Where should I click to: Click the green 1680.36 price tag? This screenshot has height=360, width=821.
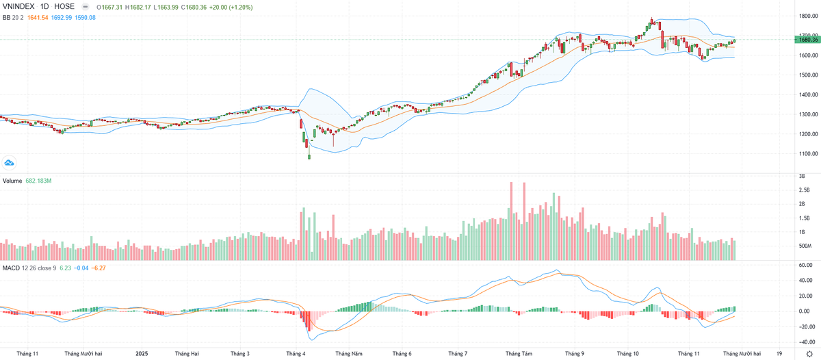808,40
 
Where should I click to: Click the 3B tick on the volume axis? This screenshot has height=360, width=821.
802,176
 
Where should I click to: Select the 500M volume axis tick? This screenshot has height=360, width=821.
805,246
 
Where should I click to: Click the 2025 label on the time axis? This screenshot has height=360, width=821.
142,354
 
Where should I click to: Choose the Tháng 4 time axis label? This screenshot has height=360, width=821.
296,354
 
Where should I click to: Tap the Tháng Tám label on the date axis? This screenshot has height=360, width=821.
518,354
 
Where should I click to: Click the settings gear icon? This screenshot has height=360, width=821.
809,354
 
